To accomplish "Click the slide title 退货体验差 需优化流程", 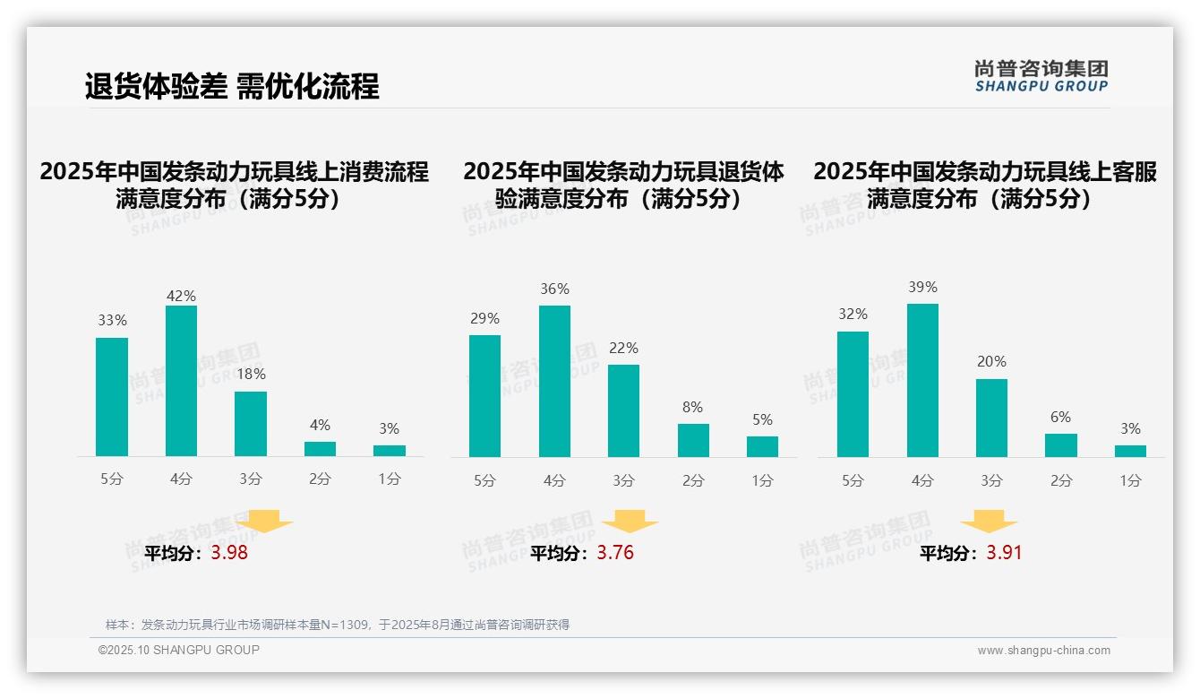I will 232,86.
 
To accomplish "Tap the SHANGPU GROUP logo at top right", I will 1041,76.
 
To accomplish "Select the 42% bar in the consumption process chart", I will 181,381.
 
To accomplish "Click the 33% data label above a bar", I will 112,320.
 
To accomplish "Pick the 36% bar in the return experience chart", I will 554,381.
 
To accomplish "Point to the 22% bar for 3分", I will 623,410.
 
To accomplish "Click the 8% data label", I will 692,407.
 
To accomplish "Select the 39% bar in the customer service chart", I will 922,380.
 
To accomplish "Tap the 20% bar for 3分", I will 991,418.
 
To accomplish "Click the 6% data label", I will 1060,417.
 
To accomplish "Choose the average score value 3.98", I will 229,553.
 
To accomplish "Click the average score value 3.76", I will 615,553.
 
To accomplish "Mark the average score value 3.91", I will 1004,553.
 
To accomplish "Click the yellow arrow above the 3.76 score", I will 630,522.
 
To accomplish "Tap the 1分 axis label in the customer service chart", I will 1130,480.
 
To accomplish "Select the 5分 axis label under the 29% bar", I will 484,480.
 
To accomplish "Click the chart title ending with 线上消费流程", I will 234,185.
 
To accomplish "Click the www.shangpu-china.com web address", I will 1043,651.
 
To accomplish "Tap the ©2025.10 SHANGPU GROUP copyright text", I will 179,650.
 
